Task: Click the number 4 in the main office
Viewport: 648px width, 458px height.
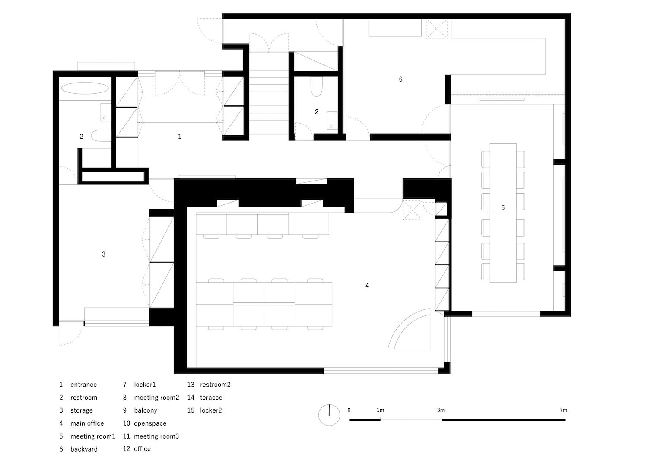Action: pos(367,286)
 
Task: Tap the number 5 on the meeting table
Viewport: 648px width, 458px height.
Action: pos(503,208)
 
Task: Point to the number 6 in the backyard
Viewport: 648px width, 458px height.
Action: pos(400,79)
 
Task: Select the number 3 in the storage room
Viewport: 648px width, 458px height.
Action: pos(104,254)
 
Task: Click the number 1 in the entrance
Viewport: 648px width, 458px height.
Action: pos(180,137)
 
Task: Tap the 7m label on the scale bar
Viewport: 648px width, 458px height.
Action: pos(563,410)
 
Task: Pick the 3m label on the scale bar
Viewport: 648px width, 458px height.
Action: pos(441,410)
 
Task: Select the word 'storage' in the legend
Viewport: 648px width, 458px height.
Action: pos(82,410)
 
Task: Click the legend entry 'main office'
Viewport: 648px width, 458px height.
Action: pos(87,423)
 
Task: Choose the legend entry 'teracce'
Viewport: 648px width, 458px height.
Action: pos(211,398)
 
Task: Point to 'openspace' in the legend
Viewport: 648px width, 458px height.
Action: pos(150,423)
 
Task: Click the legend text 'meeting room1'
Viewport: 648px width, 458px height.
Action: pos(93,436)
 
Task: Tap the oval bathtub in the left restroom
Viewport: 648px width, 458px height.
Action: pos(85,88)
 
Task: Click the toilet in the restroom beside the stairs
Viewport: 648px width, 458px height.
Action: pos(317,86)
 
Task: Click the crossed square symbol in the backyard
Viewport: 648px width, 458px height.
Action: pos(436,29)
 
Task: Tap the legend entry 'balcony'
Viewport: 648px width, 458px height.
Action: pos(146,410)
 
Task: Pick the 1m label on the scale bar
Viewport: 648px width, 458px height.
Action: pos(381,410)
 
